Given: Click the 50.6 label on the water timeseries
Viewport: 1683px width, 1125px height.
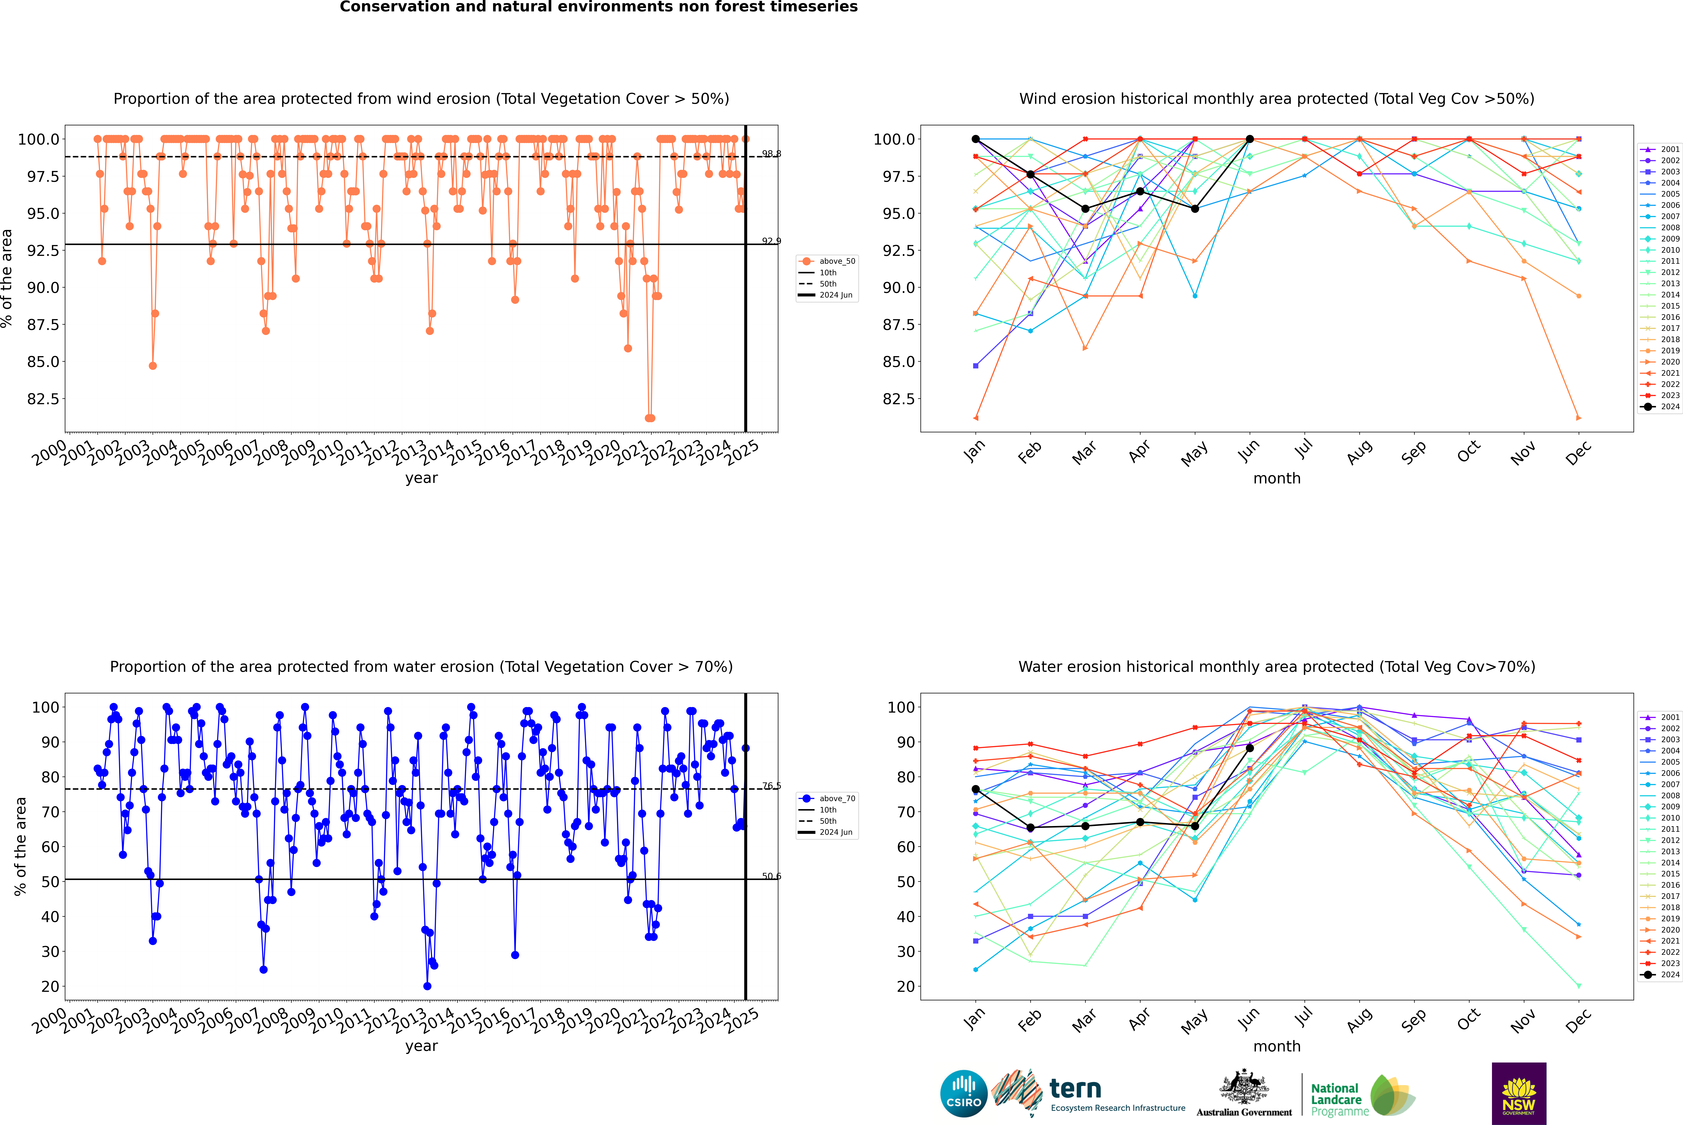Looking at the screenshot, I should click(x=771, y=876).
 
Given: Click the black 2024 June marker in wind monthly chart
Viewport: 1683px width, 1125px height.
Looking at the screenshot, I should click(x=1250, y=139).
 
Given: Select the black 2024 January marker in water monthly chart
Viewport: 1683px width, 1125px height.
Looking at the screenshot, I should click(x=976, y=789).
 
